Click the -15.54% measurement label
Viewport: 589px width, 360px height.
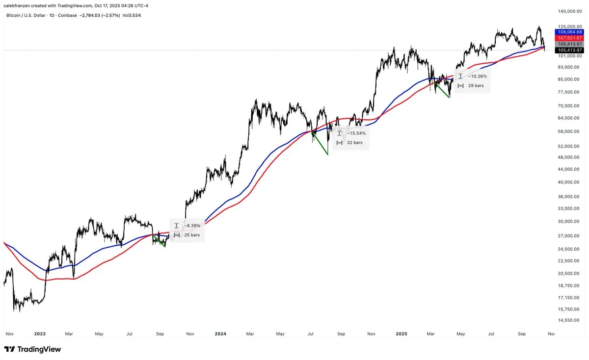tap(356, 133)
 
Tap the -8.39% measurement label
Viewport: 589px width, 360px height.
tap(192, 226)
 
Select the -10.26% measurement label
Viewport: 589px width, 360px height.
tap(478, 77)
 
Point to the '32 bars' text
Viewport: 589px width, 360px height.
tap(354, 143)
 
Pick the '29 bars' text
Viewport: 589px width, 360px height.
tap(475, 86)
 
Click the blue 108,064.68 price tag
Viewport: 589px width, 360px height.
tap(569, 32)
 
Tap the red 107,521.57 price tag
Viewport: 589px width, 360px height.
tap(569, 38)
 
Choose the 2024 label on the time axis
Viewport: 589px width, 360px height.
tap(220, 334)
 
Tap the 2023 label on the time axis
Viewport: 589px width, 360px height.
tap(40, 334)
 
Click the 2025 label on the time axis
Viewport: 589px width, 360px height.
tap(402, 334)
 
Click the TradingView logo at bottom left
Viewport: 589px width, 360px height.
tap(32, 349)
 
